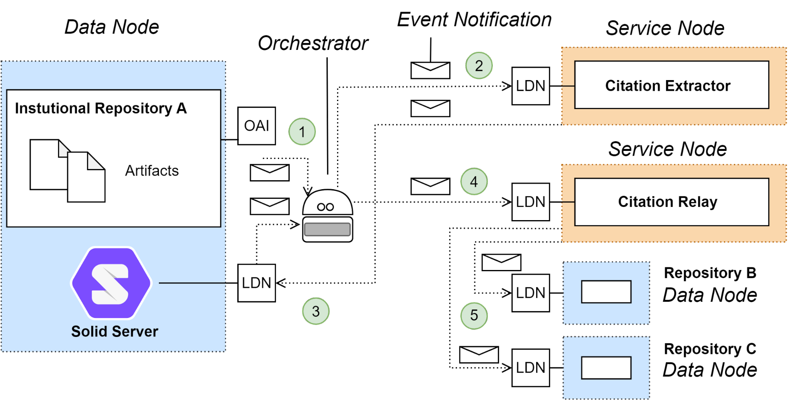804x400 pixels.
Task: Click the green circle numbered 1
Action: pyautogui.click(x=302, y=132)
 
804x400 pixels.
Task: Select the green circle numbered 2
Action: pyautogui.click(x=479, y=66)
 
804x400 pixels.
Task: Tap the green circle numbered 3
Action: pyautogui.click(x=316, y=311)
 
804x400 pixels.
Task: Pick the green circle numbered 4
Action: pyautogui.click(x=474, y=181)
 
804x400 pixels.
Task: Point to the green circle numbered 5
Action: pyautogui.click(x=474, y=315)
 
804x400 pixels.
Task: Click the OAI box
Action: pyautogui.click(x=257, y=126)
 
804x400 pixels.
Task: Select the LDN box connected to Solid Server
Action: pyautogui.click(x=257, y=283)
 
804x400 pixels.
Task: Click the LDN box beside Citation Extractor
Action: pyautogui.click(x=531, y=86)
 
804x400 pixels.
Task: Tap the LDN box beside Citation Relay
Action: pyautogui.click(x=531, y=202)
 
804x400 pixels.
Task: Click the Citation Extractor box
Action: pyautogui.click(x=671, y=85)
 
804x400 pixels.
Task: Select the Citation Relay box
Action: pyautogui.click(x=671, y=202)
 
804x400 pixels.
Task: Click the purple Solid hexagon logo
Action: pyautogui.click(x=111, y=283)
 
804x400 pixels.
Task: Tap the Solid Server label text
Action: pyautogui.click(x=115, y=332)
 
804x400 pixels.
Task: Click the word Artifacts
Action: pyautogui.click(x=152, y=171)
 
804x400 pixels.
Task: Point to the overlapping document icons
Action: pyautogui.click(x=68, y=171)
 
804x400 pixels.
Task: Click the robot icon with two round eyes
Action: pyautogui.click(x=327, y=216)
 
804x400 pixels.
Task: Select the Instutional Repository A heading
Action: pyautogui.click(x=101, y=109)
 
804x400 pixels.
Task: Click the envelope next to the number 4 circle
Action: pyautogui.click(x=430, y=186)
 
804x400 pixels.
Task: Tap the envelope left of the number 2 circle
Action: pyautogui.click(x=430, y=70)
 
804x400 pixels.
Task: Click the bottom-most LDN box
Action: pyautogui.click(x=531, y=368)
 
